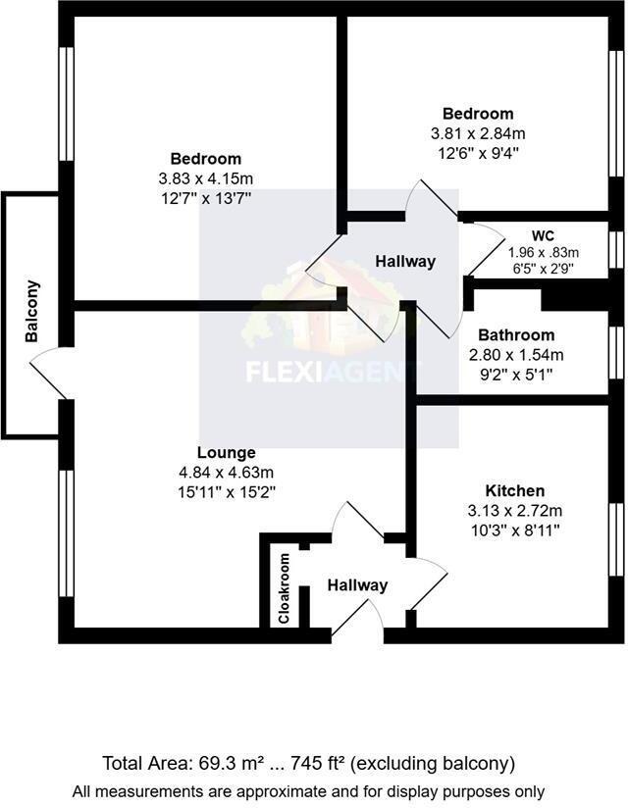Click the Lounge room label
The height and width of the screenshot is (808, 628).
pos(226,453)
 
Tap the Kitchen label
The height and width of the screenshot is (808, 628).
pos(515,490)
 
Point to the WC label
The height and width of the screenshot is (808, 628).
pos(543,236)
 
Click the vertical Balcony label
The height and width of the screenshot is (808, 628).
pos(32,312)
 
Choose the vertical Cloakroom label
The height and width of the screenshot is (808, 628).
pos(285,589)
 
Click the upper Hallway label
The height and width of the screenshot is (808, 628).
pos(405,262)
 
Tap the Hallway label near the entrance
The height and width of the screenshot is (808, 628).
pos(357,585)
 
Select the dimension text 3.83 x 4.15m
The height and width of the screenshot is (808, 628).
pos(206,178)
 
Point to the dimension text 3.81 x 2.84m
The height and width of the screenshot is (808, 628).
pos(478,133)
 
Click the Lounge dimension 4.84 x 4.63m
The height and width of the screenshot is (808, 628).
pos(226,473)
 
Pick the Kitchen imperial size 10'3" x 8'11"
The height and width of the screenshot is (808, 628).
pos(515,530)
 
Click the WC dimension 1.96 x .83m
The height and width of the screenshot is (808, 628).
pos(543,252)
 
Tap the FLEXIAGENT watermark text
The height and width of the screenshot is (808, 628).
pos(331,373)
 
